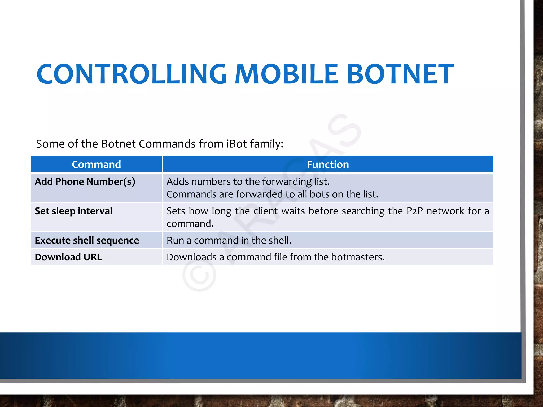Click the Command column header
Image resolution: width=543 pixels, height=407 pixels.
[96, 165]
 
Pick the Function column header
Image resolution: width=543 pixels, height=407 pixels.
[328, 165]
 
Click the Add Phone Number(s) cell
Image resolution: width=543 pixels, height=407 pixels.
[85, 182]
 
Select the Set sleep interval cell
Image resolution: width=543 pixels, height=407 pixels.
[73, 211]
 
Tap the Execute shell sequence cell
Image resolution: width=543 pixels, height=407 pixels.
[87, 241]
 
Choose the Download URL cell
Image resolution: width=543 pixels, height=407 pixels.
[68, 257]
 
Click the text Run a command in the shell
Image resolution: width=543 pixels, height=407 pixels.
[229, 241]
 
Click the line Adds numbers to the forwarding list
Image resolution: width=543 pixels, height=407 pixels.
[248, 182]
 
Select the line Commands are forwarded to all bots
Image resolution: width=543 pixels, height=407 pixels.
[272, 194]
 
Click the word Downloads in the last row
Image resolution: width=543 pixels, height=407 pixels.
[191, 257]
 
